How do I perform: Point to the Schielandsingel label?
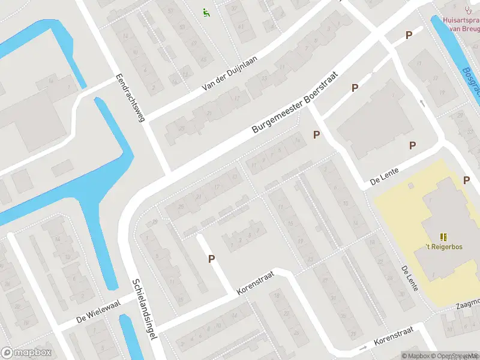pyautogui.click(x=145, y=310)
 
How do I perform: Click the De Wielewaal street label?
pyautogui.click(x=98, y=311)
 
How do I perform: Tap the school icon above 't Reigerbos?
pyautogui.click(x=443, y=237)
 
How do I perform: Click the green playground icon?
pyautogui.click(x=206, y=11)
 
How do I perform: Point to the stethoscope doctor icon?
pyautogui.click(x=468, y=9)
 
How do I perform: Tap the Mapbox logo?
pyautogui.click(x=25, y=353)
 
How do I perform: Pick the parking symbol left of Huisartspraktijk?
pyautogui.click(x=409, y=35)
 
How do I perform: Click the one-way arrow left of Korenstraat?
pyautogui.click(x=363, y=347)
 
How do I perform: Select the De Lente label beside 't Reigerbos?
pyautogui.click(x=410, y=279)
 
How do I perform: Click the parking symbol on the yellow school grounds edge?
pyautogui.click(x=466, y=180)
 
